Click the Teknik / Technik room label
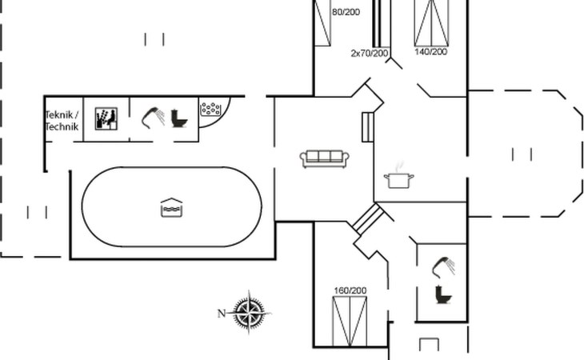(x=62, y=121)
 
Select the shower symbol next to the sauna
(x=153, y=118)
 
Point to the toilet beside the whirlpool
(x=178, y=118)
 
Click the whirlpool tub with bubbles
(x=212, y=110)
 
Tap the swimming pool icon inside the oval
(x=171, y=208)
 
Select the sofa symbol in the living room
(x=323, y=158)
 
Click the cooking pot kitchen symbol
(x=398, y=179)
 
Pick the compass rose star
(x=251, y=312)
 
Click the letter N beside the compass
(x=222, y=313)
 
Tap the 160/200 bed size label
(x=350, y=290)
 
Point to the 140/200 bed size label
(x=430, y=52)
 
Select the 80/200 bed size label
(x=346, y=12)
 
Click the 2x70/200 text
(x=370, y=54)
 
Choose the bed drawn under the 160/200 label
(x=350, y=322)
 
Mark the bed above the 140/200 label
(x=431, y=22)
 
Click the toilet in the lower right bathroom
(x=442, y=294)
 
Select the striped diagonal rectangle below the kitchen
(x=368, y=218)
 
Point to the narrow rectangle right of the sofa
(x=368, y=126)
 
